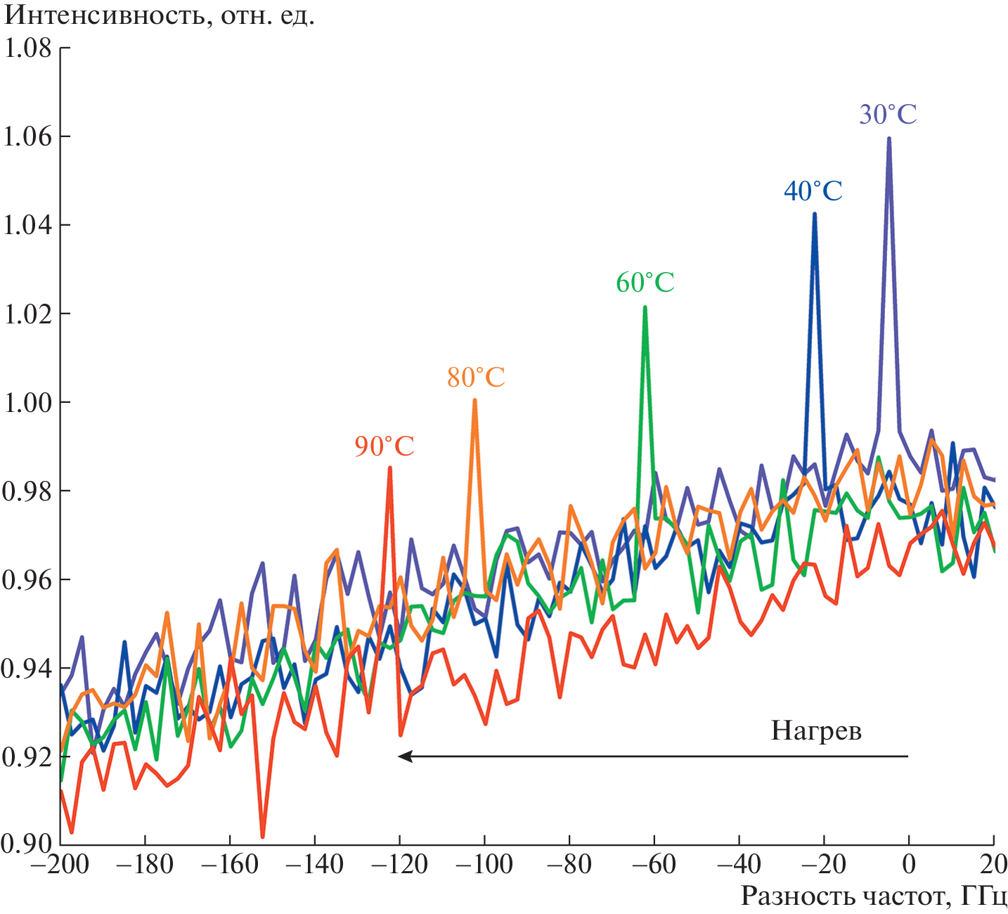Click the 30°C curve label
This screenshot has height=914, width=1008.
click(x=888, y=114)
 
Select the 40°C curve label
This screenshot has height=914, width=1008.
click(x=813, y=191)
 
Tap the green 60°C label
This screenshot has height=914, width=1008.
click(x=645, y=283)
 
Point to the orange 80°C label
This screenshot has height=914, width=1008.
click(x=476, y=378)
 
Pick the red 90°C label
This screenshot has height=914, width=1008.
click(x=384, y=446)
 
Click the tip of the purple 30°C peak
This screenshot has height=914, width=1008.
click(x=889, y=139)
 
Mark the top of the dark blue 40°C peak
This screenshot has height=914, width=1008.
click(x=815, y=214)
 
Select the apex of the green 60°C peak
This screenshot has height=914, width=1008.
click(x=645, y=307)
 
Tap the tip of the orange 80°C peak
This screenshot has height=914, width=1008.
click(x=475, y=400)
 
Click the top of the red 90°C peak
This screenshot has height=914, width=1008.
click(x=389, y=468)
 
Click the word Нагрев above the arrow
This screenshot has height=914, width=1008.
click(x=815, y=731)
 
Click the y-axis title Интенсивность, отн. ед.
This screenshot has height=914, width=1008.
click(x=160, y=15)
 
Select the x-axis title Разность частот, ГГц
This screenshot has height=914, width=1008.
click(x=873, y=896)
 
